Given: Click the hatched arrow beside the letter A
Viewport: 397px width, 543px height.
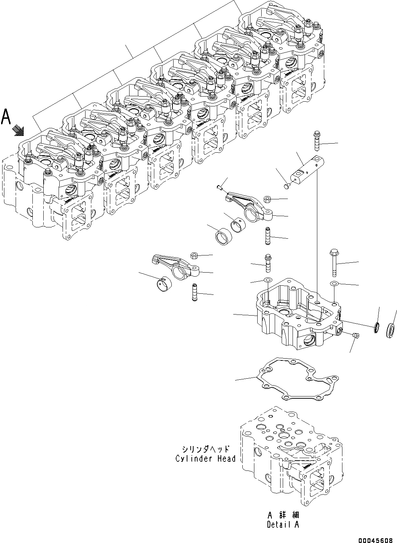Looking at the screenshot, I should point(18,130).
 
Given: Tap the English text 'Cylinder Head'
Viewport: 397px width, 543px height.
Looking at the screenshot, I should point(206,458).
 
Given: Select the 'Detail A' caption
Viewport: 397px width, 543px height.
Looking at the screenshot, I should point(283,525).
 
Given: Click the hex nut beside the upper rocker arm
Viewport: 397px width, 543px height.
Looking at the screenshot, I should point(266,199).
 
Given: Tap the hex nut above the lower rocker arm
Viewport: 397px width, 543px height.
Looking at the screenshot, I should point(194,255).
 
